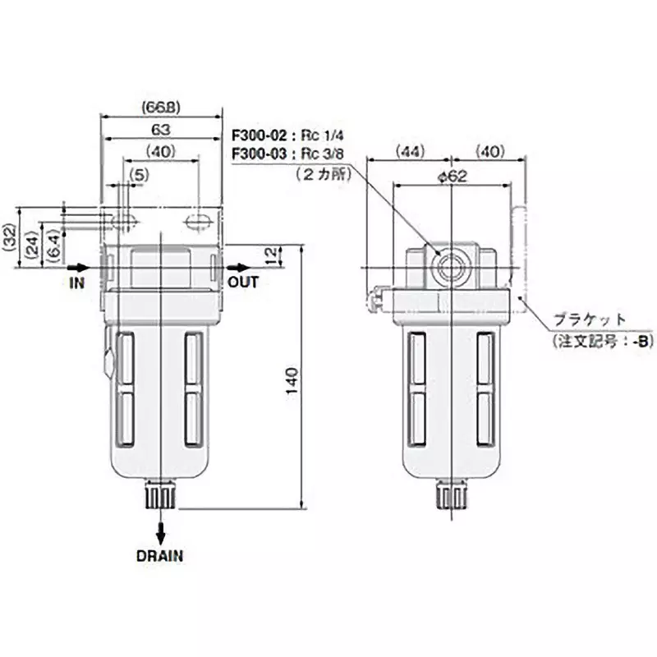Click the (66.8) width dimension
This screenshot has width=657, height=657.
pos(160,107)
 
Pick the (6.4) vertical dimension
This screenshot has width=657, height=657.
pos(53,246)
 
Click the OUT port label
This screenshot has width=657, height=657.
pos(243,282)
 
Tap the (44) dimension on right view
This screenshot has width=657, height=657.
pos(408,152)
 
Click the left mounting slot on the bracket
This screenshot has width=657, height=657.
pos(126,221)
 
